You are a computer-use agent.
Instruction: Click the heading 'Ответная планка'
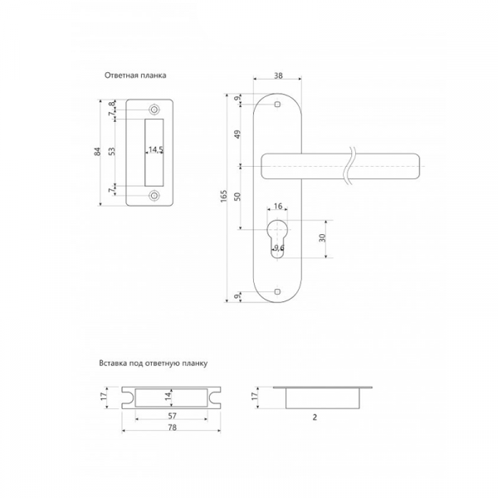coord(135,76)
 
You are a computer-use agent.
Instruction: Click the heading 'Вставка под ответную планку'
coord(154,364)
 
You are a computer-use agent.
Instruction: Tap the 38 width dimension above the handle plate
coord(278,76)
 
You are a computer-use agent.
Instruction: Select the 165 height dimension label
coord(224,196)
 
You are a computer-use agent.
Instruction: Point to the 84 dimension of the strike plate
coord(98,152)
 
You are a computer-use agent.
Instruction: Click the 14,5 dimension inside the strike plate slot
coord(156,149)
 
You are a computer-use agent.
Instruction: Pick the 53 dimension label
coord(112,151)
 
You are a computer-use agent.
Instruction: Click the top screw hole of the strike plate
coord(154,110)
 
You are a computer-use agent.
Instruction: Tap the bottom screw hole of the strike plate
coord(154,196)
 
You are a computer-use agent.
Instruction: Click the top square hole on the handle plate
coord(277,105)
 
